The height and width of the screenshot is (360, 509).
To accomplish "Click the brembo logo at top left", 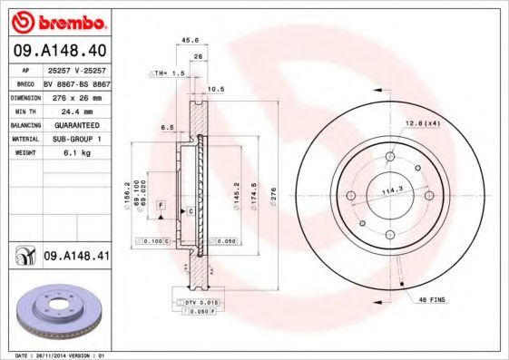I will click(57, 21).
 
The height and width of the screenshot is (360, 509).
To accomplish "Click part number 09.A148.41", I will click(76, 257).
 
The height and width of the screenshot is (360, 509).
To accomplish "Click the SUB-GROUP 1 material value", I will click(73, 139).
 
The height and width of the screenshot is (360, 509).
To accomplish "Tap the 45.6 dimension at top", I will click(191, 40).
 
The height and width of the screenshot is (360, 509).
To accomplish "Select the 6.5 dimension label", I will click(168, 128).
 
